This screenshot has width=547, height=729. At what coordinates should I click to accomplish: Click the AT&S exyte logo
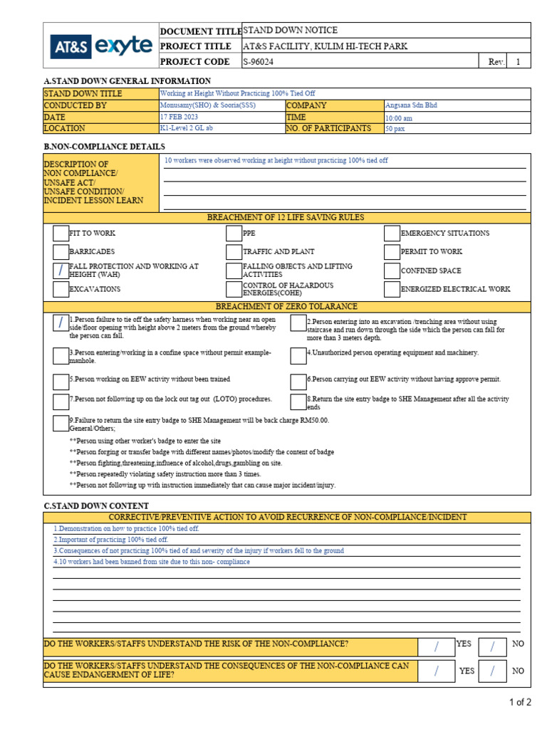tap(100, 46)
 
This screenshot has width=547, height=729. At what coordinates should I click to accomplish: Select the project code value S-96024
tap(258, 62)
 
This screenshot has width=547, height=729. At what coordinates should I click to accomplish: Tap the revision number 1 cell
tap(518, 62)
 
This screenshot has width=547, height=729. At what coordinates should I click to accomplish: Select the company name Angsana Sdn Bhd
tap(411, 105)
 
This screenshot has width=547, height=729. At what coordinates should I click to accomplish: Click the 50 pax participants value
tap(395, 129)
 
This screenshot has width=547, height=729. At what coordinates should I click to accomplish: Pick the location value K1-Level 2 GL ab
tap(187, 129)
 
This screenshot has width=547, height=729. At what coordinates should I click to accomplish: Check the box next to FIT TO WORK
tap(61, 234)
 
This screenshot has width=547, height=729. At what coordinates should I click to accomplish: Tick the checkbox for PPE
tap(234, 234)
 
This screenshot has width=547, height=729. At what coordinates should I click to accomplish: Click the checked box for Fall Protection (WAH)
tap(61, 271)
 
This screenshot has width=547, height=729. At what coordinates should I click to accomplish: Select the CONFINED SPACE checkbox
tap(391, 271)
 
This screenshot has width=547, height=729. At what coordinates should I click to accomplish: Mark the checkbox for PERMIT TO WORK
tap(391, 252)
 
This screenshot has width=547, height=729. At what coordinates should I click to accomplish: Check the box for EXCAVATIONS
tap(61, 289)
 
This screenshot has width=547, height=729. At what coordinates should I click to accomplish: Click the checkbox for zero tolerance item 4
tap(298, 355)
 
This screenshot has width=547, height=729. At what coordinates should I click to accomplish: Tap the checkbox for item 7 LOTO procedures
tap(61, 401)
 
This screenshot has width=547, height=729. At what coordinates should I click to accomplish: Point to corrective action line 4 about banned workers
tap(152, 562)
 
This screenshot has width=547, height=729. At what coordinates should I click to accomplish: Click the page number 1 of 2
tap(520, 702)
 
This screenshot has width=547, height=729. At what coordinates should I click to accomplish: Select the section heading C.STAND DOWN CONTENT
tap(96, 505)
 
